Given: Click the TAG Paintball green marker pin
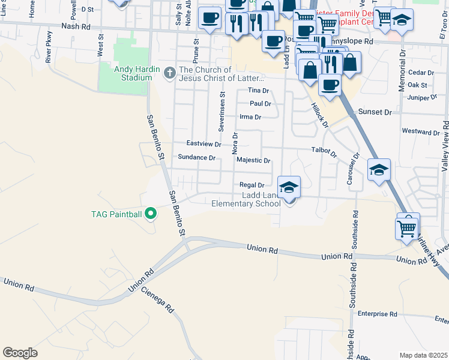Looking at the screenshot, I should [151, 214].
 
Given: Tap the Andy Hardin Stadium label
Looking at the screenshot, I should [133, 73].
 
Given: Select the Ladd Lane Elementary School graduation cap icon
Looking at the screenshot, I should [289, 188].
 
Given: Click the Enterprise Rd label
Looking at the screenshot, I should [378, 314].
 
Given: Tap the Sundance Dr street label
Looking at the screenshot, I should [196, 157].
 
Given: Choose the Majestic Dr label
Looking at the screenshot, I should [253, 161].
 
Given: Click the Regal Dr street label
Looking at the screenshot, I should [252, 185].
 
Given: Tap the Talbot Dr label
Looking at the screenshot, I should [324, 151].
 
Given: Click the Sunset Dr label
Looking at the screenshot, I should [375, 112].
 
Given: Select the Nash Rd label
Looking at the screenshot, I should [75, 26].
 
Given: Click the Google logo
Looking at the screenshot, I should [20, 352].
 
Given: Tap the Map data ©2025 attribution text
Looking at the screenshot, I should [423, 355].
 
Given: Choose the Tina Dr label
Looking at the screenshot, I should [258, 91].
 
